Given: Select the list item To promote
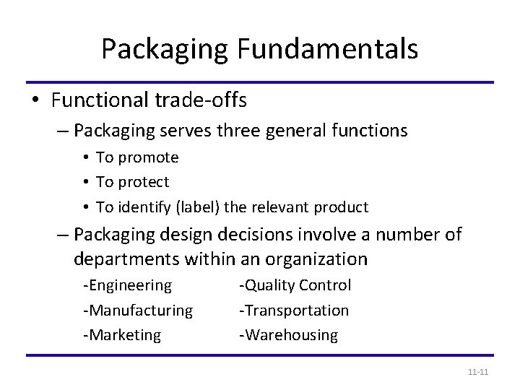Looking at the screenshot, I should pyautogui.click(x=137, y=157).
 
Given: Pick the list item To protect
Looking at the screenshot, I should pyautogui.click(x=132, y=182).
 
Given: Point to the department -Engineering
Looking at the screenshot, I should pyautogui.click(x=128, y=285).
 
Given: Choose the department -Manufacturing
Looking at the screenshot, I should pyautogui.click(x=138, y=311).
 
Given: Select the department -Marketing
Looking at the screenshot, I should pyautogui.click(x=122, y=335).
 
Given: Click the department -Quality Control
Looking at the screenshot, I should pyautogui.click(x=295, y=285).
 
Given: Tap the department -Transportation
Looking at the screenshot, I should pyautogui.click(x=294, y=311).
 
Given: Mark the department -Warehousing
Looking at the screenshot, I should pyautogui.click(x=288, y=335).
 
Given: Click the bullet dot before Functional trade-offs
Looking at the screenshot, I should pyautogui.click(x=37, y=102).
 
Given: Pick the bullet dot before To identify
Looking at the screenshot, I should pyautogui.click(x=86, y=208).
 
